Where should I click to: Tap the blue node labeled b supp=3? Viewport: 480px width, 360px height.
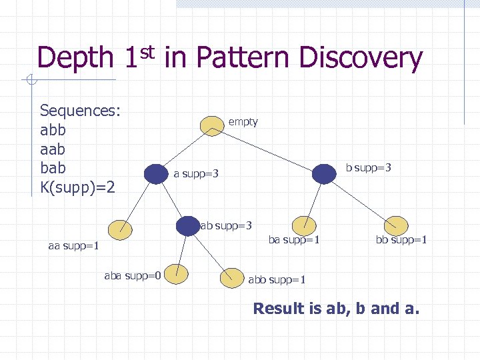(325, 173)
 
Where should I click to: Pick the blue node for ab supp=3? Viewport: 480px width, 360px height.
(188, 226)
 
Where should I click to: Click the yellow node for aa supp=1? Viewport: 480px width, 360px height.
(121, 229)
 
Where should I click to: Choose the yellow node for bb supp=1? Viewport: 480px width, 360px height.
(396, 226)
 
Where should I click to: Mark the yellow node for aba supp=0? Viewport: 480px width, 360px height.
(177, 272)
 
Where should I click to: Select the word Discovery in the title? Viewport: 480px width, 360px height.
(361, 59)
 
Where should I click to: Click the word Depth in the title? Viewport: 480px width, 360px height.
(75, 59)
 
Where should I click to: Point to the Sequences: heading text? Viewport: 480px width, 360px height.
(80, 111)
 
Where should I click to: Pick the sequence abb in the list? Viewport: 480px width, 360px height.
(53, 129)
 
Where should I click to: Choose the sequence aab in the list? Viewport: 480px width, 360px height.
(53, 148)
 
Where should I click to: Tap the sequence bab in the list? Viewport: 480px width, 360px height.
(53, 167)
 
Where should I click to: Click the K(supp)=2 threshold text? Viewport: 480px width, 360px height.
(77, 186)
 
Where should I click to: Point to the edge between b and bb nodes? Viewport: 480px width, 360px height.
(361, 200)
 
